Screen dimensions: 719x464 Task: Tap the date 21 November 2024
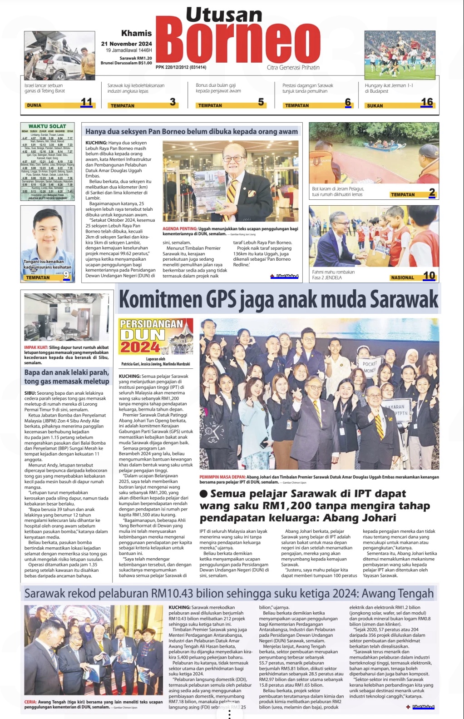[x=126, y=44]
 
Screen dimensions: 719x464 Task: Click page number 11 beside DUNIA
[x=86, y=102]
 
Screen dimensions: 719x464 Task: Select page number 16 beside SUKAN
[x=427, y=102]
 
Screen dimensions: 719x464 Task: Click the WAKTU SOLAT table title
[x=47, y=126]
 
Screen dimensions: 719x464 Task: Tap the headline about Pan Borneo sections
[x=191, y=132]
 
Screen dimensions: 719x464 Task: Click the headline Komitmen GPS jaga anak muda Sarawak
[x=278, y=299]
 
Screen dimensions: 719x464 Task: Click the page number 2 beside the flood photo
[x=432, y=193]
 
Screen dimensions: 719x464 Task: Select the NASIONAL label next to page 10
[x=402, y=278]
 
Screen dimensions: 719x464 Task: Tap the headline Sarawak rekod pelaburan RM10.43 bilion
[x=229, y=594]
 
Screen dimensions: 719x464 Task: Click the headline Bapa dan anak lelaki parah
[x=67, y=377]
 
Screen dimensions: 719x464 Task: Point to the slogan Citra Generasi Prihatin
[x=293, y=68]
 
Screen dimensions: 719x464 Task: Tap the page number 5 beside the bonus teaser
[x=261, y=102]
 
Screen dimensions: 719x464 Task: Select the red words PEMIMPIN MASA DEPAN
[x=222, y=477]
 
